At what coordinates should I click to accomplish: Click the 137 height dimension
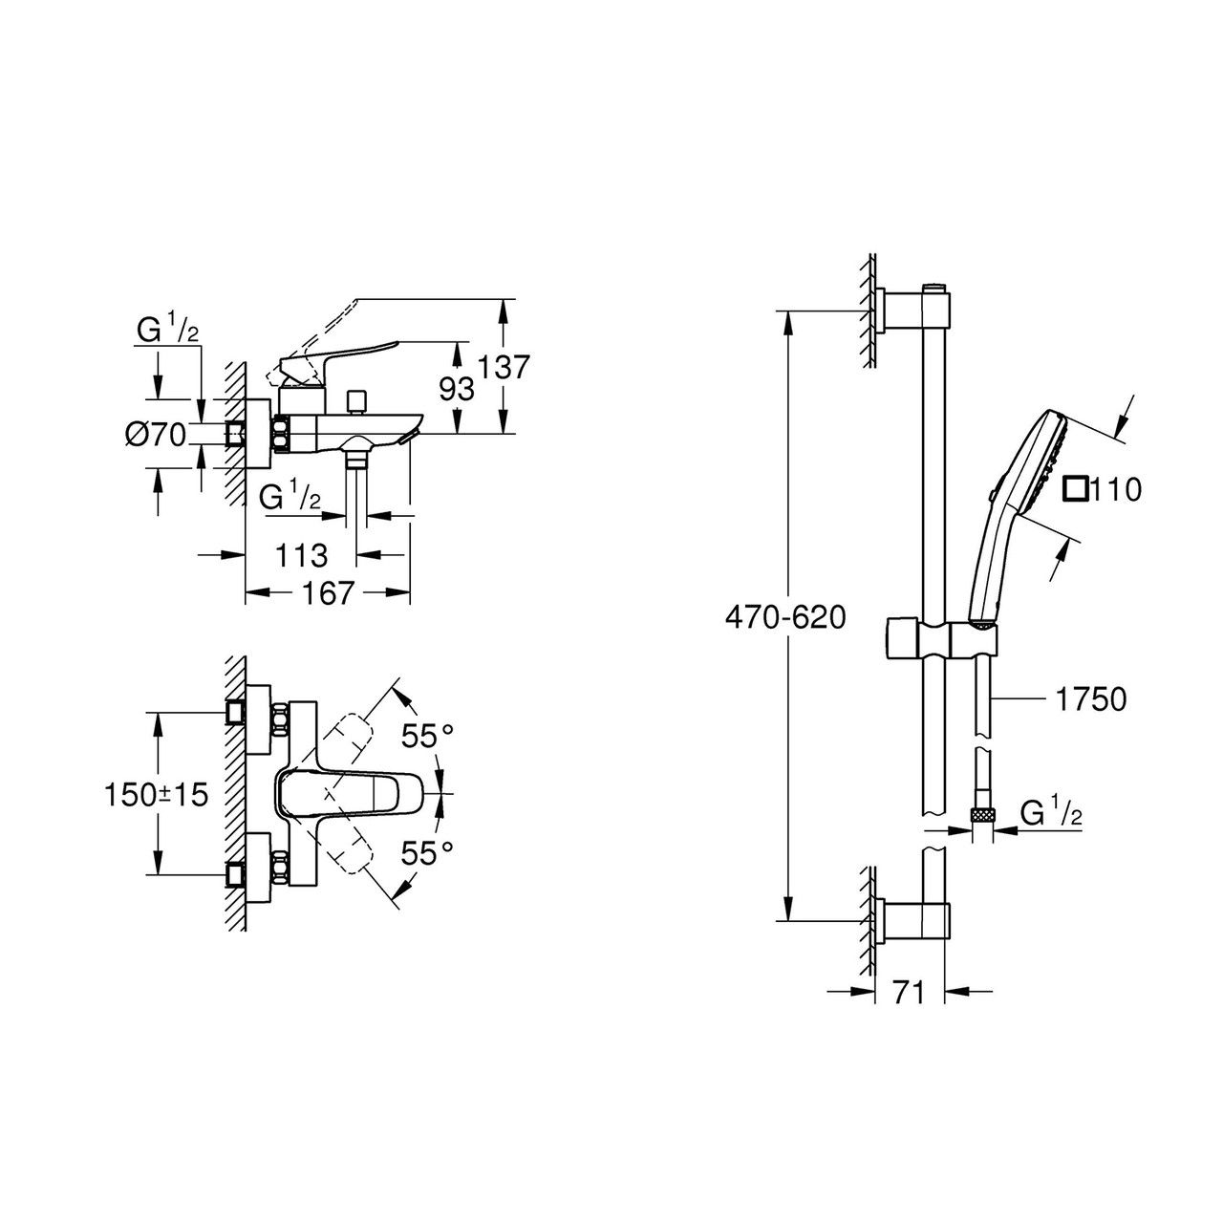click(x=504, y=367)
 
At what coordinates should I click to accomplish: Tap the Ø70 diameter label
click(x=154, y=435)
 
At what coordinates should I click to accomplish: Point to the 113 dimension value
click(x=301, y=554)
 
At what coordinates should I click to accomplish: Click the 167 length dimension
click(x=328, y=593)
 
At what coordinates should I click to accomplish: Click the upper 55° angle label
click(x=426, y=736)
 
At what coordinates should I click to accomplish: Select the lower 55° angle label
click(x=426, y=852)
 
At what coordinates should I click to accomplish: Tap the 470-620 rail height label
click(x=785, y=618)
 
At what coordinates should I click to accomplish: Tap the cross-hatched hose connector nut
click(x=982, y=815)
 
